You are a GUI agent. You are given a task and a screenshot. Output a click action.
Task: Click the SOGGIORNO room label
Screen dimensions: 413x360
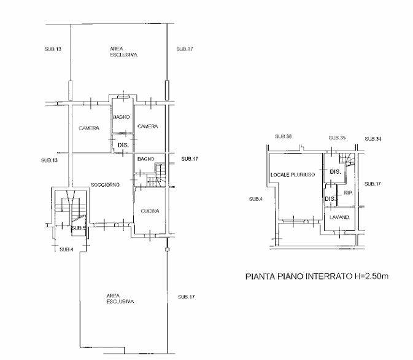pos(105,185)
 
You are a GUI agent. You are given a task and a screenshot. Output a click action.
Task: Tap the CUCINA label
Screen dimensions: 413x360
pos(150,211)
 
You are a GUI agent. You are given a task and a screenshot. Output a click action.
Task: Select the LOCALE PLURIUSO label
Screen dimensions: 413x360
pos(293,174)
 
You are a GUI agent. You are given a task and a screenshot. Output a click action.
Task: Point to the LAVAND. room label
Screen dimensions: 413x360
pos(339,217)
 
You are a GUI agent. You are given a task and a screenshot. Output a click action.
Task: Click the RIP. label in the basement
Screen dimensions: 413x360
pos(348,193)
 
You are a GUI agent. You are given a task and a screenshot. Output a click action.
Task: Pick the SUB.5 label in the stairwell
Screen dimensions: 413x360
pos(79,228)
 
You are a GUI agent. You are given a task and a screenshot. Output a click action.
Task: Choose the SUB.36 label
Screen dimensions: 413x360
pos(283,136)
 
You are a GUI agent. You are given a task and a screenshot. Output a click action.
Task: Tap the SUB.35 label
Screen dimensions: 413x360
pos(337,138)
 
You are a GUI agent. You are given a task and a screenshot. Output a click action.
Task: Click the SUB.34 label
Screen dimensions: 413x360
pos(373,139)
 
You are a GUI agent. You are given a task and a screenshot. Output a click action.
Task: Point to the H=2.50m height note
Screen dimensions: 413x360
pos(371,276)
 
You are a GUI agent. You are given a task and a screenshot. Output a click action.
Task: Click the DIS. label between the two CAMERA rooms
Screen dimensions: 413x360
pos(123,145)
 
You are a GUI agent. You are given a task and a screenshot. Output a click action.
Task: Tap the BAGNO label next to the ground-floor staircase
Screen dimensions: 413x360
pos(145,159)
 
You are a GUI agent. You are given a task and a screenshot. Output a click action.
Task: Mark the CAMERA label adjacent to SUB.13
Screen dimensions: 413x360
pos(89,128)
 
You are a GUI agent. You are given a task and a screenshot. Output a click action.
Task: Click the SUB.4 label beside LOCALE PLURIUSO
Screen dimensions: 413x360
pos(255,199)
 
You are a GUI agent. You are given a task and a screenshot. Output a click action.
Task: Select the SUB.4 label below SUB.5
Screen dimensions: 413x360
pos(66,249)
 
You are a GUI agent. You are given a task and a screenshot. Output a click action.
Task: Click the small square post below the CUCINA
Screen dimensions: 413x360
pos(167,249)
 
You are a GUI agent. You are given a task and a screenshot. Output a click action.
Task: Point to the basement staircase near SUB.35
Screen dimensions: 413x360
pos(347,159)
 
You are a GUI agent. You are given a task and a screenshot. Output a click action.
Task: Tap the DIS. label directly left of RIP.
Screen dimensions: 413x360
pos(330,199)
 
